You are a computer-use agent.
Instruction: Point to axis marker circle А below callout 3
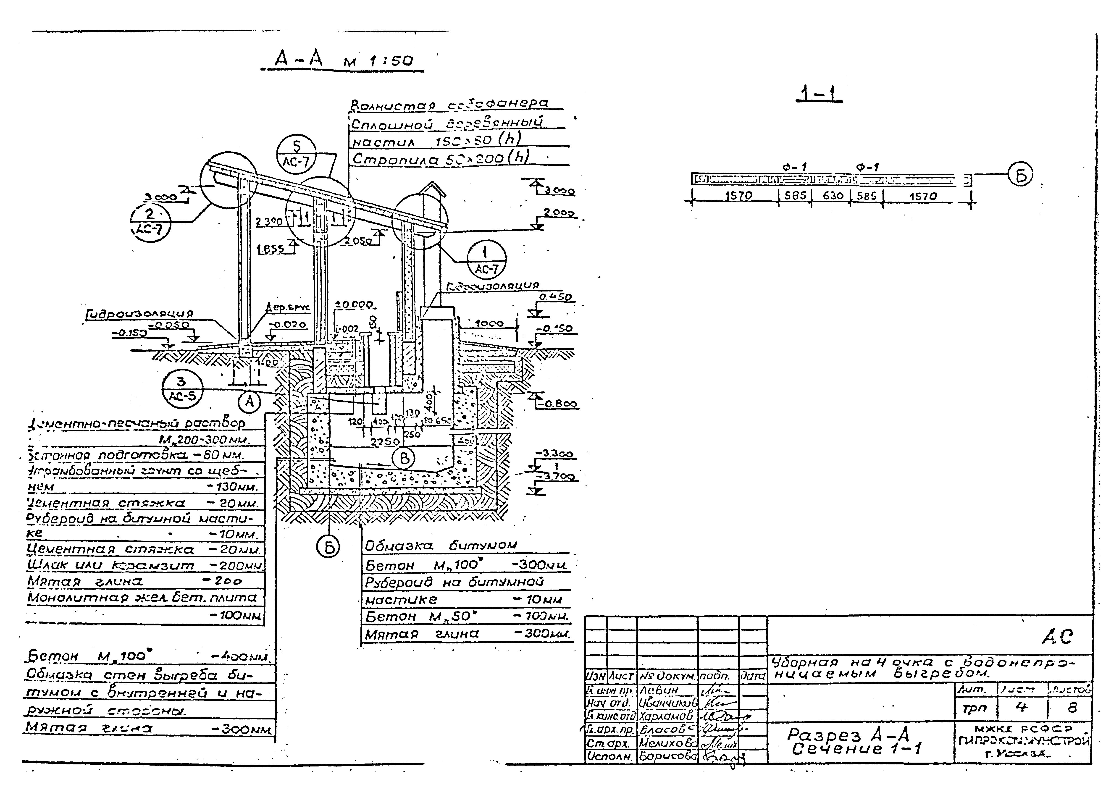[x=250, y=402]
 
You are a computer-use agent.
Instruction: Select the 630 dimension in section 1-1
[x=833, y=196]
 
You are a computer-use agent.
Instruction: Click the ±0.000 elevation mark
[x=353, y=304]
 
